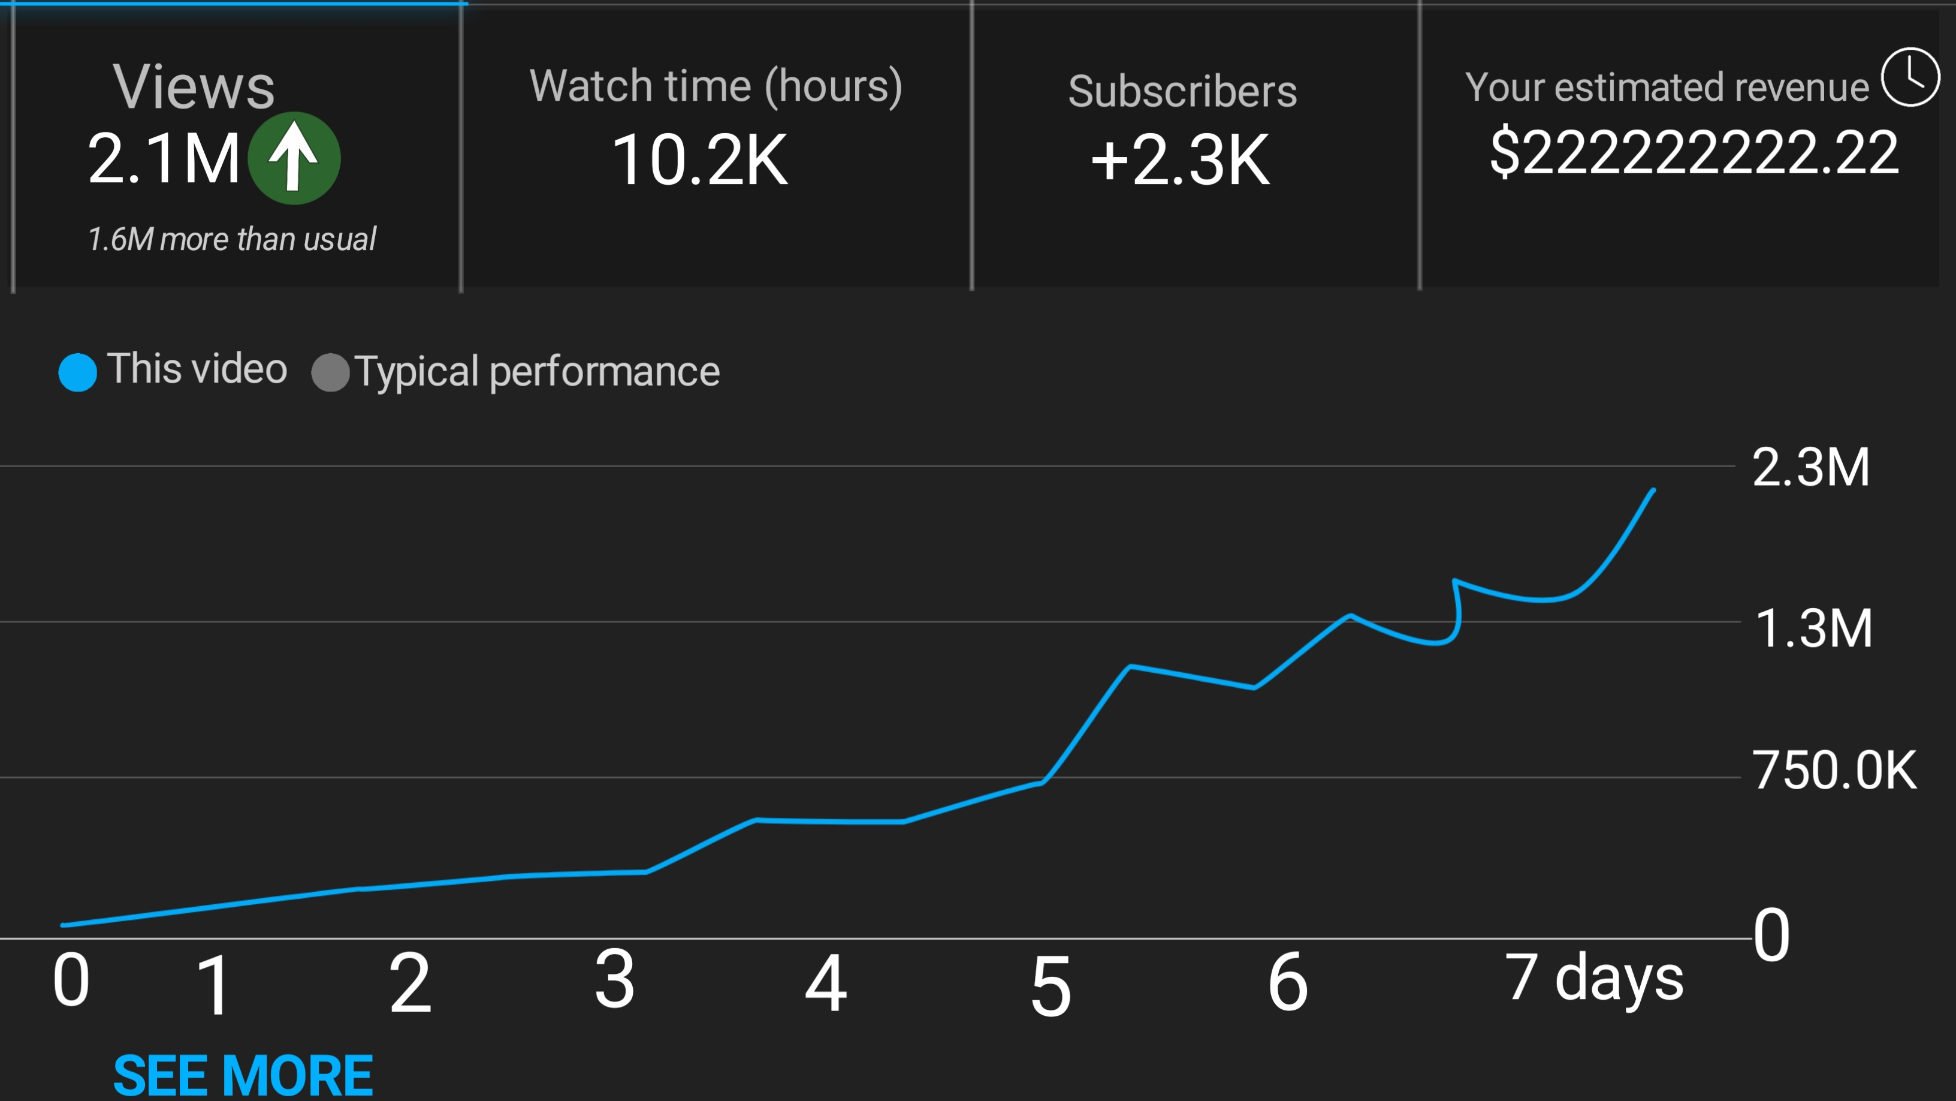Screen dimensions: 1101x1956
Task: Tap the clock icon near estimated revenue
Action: click(1910, 77)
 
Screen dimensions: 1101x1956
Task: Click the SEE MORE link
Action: click(243, 1075)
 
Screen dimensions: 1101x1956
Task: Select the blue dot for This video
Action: click(77, 372)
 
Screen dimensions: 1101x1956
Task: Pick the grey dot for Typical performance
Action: click(330, 372)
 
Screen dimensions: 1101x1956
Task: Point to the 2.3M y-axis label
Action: click(1810, 467)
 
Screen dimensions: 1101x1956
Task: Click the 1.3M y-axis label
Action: click(1813, 628)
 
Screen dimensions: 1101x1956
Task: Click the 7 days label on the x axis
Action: click(1593, 978)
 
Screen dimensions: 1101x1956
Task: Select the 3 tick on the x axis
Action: click(614, 980)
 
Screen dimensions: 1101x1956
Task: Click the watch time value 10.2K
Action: click(700, 160)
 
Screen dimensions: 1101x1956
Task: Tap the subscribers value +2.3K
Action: click(1180, 160)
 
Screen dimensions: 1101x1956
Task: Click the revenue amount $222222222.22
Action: click(1694, 153)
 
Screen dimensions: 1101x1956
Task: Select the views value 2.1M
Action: click(164, 158)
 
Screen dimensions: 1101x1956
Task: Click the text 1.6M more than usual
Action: click(231, 239)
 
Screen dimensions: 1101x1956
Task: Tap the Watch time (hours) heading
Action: click(716, 86)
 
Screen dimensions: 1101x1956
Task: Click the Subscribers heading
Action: click(1182, 91)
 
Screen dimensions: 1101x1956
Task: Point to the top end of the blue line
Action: click(1653, 491)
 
